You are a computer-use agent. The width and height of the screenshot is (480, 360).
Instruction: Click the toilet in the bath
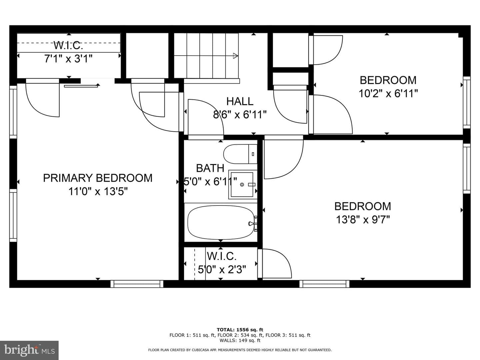(x=240, y=154)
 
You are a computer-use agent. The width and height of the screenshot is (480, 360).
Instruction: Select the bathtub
(x=221, y=222)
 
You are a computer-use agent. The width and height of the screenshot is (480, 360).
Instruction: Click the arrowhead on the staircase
(x=235, y=56)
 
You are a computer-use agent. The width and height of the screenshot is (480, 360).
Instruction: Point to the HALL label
(x=240, y=101)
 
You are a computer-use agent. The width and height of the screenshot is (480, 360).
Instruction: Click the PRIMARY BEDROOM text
(x=98, y=178)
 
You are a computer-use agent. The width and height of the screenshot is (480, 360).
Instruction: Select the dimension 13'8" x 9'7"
(x=363, y=219)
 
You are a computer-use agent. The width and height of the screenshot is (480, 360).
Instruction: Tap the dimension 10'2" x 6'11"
(x=388, y=94)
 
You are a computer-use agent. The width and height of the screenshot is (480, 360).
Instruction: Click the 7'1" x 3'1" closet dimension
(x=68, y=59)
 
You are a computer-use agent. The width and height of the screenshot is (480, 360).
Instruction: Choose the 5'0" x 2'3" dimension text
(x=222, y=269)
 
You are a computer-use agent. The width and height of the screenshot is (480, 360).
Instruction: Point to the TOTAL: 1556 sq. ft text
(x=240, y=330)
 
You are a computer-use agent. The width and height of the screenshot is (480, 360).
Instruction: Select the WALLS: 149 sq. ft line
(x=240, y=340)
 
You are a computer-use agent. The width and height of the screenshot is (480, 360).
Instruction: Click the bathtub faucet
(x=252, y=223)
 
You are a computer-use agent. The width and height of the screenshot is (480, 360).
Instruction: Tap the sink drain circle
(x=242, y=185)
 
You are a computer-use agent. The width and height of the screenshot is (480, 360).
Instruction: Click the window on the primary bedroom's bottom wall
(x=137, y=284)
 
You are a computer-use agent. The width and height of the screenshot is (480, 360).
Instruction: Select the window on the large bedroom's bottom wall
(x=324, y=284)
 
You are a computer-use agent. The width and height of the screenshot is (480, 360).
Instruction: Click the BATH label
(x=210, y=168)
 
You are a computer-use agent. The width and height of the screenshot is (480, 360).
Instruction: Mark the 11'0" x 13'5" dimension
(x=98, y=191)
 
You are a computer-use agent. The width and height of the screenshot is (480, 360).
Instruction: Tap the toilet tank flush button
(x=253, y=154)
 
